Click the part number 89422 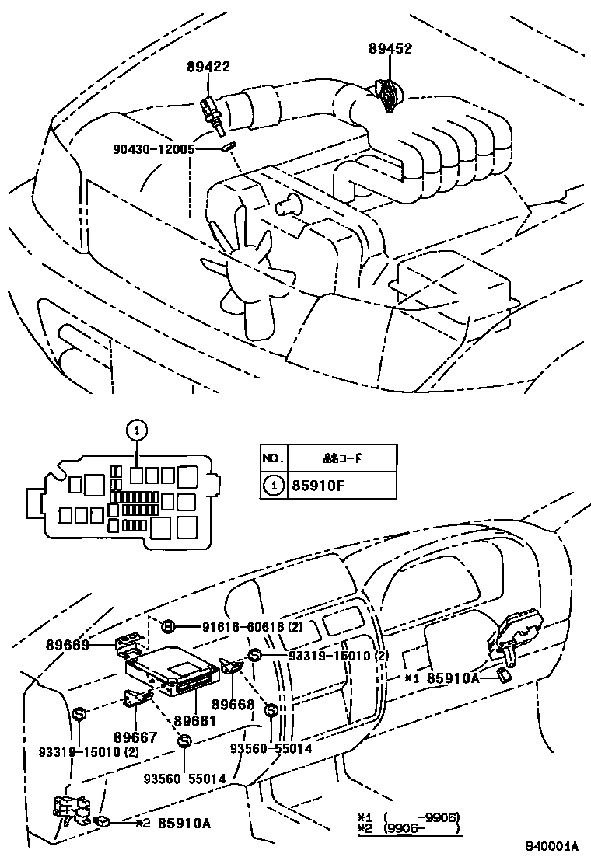point(208,68)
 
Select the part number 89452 point(390,49)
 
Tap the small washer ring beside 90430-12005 point(227,147)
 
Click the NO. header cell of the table point(272,458)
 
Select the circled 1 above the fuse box point(136,428)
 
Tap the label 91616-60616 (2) point(231,626)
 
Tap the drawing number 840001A point(552,846)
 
